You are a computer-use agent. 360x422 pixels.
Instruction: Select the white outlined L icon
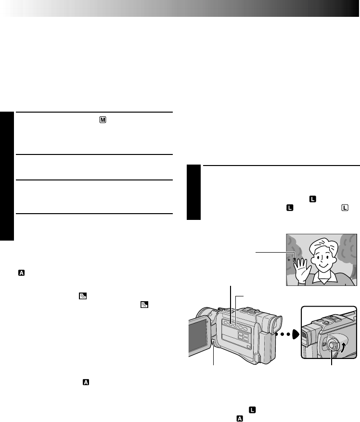tap(345, 207)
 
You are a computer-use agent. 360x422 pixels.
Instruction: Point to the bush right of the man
tap(348, 255)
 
